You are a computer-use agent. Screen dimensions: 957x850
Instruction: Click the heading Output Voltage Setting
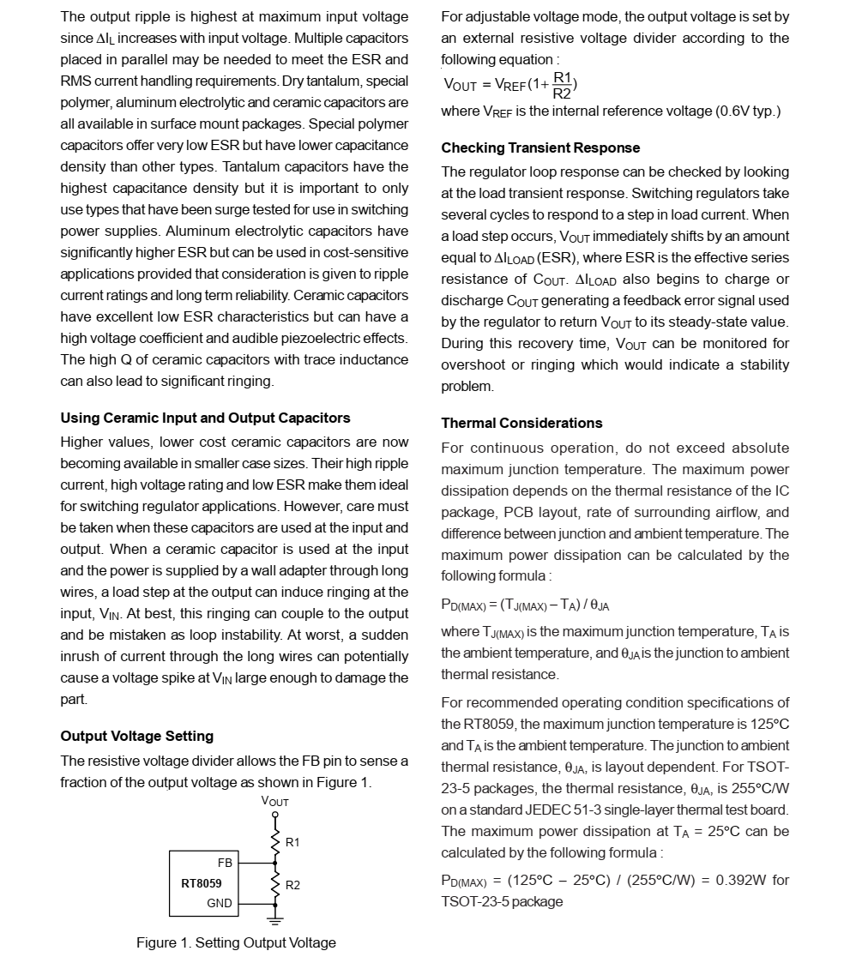136,736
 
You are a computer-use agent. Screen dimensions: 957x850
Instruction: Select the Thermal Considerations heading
521,423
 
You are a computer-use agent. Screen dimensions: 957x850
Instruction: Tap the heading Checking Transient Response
540,147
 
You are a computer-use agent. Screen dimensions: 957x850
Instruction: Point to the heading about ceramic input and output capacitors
205,418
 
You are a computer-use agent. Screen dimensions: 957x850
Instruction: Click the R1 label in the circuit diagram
292,842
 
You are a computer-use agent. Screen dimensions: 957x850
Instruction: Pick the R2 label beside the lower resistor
292,884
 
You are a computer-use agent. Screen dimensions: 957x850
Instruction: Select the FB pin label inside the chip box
225,863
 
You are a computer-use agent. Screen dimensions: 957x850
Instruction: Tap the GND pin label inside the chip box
220,903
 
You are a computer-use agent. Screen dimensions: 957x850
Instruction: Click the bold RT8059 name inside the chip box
202,882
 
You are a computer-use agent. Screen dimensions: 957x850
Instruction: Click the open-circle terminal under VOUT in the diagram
274,815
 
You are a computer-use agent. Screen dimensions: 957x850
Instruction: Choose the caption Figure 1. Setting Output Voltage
236,942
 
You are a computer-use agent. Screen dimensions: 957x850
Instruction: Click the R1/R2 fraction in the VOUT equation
562,85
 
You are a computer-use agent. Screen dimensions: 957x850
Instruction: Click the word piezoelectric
308,338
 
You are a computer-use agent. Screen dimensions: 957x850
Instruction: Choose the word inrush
81,656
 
